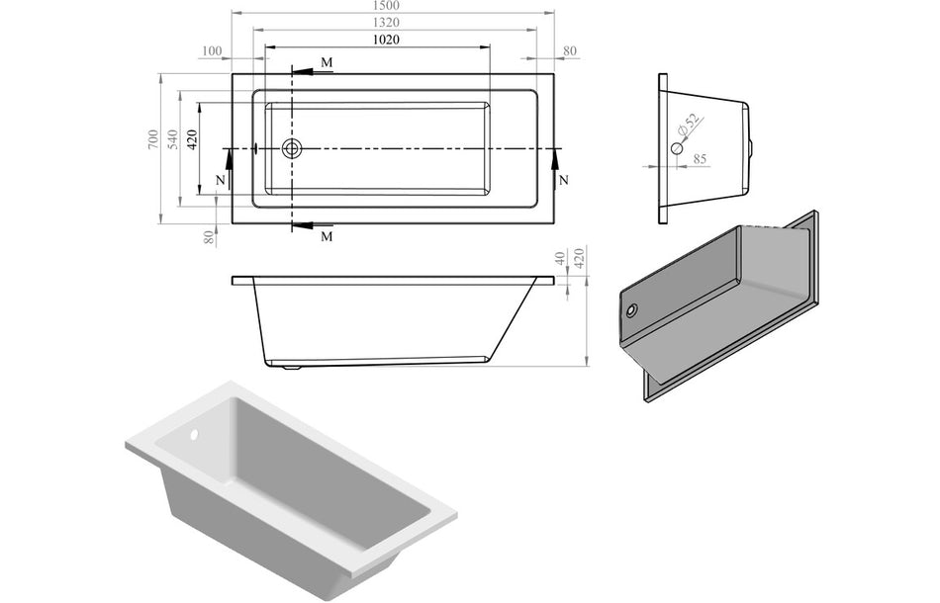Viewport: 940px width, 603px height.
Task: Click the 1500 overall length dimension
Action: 392,6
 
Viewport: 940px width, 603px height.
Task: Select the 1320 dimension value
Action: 392,22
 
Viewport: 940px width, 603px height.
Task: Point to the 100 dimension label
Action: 211,51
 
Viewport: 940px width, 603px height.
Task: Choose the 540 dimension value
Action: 172,140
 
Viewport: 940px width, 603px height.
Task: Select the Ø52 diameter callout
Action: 690,126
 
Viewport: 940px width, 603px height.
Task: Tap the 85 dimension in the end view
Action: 700,157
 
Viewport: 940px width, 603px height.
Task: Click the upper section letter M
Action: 327,63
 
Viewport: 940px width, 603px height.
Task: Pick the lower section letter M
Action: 327,237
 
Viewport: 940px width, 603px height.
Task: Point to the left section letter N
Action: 220,181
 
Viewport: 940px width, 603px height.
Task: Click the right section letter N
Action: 563,181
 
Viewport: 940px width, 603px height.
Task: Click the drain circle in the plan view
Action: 292,148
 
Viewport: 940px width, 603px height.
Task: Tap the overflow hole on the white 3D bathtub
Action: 194,435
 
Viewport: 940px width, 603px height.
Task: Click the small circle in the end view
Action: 677,148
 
